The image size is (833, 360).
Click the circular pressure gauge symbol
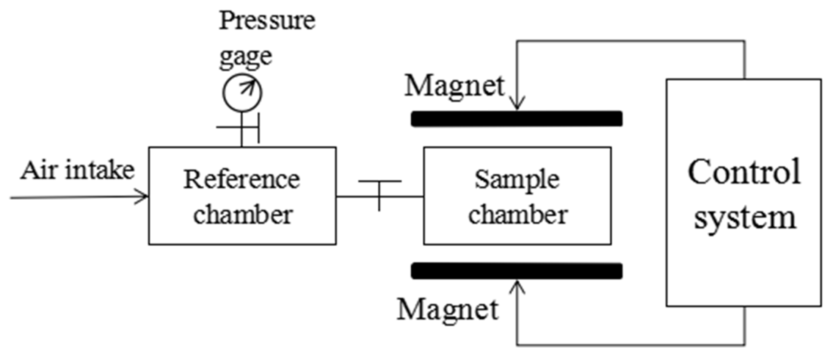(242, 92)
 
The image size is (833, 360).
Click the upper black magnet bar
(516, 119)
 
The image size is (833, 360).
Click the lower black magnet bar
(516, 271)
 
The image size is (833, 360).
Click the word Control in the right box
(744, 172)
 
